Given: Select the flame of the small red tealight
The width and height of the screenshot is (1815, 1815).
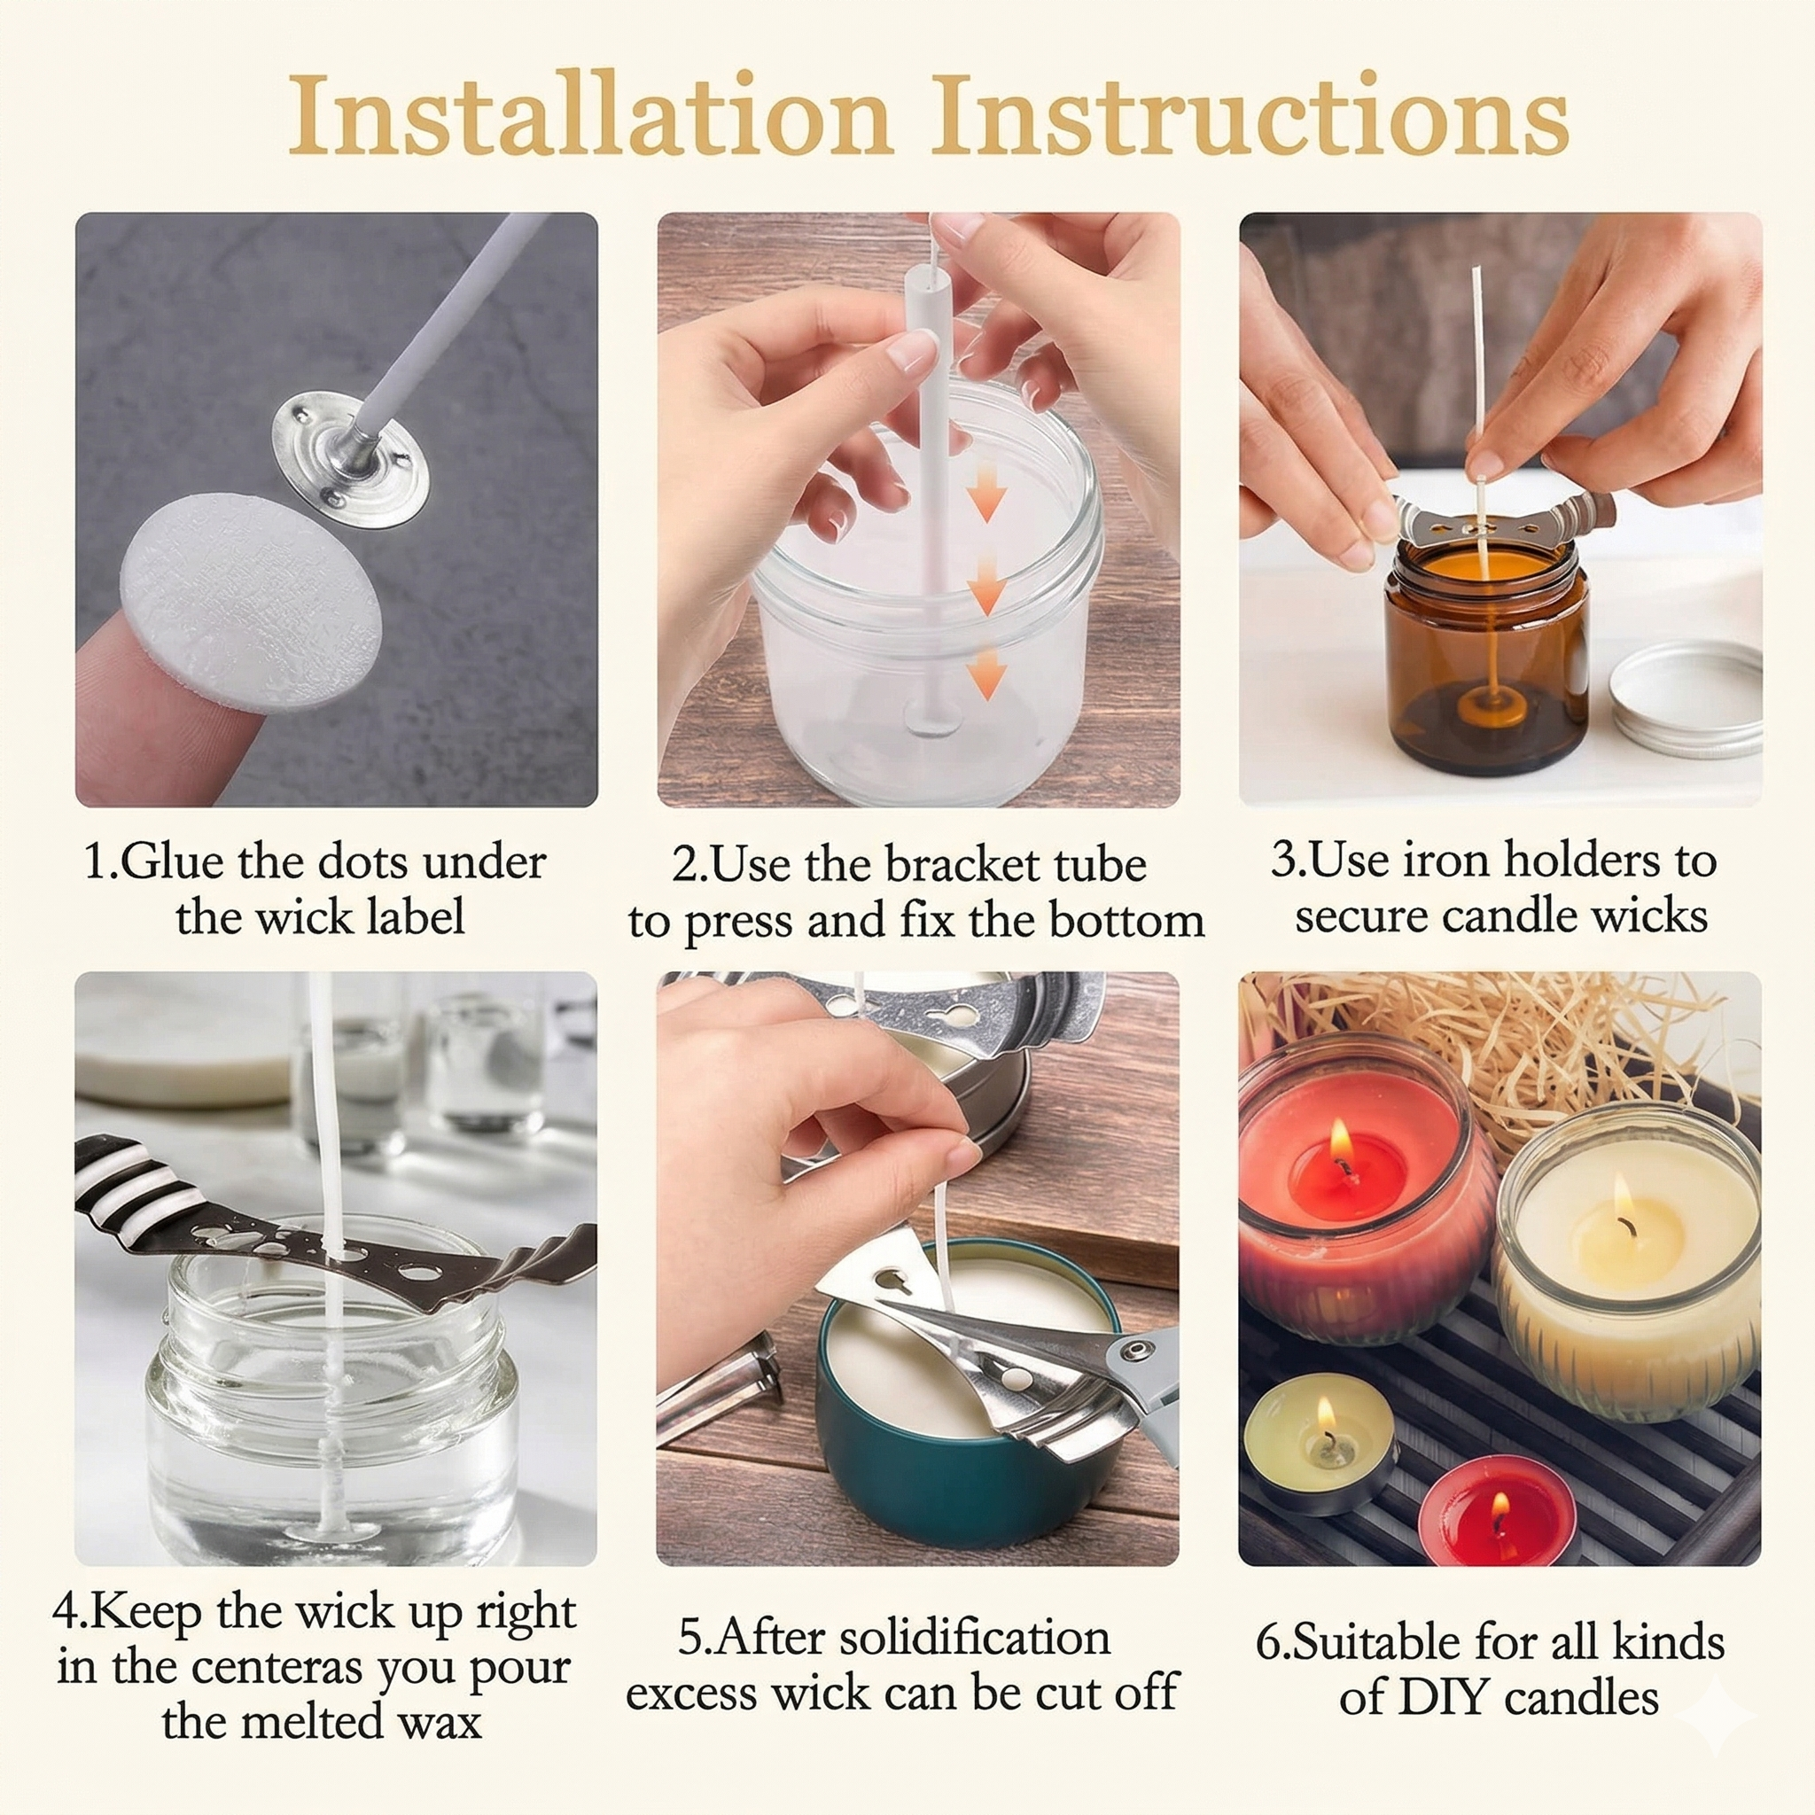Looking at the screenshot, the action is click(x=1499, y=1507).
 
